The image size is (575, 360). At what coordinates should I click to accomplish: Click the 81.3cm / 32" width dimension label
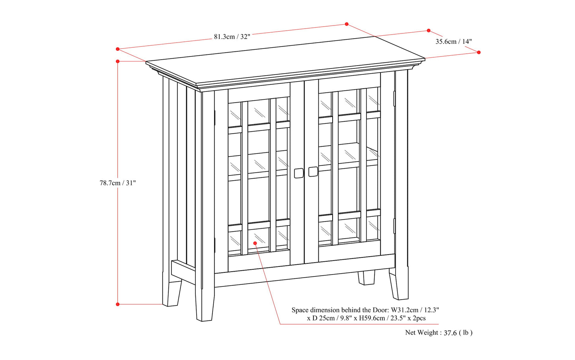(x=232, y=37)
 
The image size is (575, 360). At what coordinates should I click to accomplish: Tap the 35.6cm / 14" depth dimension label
(x=453, y=41)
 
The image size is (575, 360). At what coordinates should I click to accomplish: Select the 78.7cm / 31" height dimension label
(x=118, y=183)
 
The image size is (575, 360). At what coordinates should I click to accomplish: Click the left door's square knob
(x=298, y=173)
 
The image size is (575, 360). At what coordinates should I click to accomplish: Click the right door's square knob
(x=313, y=171)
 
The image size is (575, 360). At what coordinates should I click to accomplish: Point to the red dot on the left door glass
(x=255, y=243)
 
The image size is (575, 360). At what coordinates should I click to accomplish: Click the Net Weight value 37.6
(x=450, y=333)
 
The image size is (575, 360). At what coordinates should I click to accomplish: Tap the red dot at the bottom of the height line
(x=118, y=304)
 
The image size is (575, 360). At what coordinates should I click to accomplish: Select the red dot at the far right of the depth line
(x=479, y=53)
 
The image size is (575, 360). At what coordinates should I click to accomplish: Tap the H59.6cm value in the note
(x=375, y=318)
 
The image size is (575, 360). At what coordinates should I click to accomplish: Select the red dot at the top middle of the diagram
(x=347, y=24)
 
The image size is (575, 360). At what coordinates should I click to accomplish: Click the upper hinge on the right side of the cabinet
(x=394, y=99)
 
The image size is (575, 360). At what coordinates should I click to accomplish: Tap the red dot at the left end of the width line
(x=118, y=49)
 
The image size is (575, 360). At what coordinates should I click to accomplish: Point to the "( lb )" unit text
(x=466, y=333)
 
